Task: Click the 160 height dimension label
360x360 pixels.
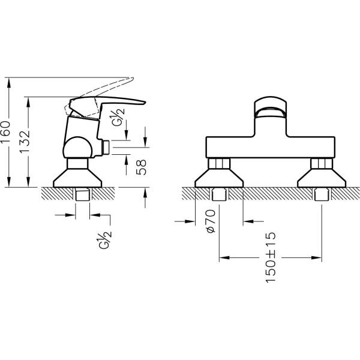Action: click(x=5, y=131)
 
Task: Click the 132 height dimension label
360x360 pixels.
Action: click(x=25, y=142)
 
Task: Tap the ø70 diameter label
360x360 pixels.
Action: click(x=211, y=221)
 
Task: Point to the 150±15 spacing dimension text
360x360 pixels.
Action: click(x=271, y=257)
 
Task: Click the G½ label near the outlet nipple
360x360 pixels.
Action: click(x=118, y=117)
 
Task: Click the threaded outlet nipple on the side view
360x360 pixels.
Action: click(x=106, y=147)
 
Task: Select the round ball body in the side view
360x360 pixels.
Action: click(x=77, y=148)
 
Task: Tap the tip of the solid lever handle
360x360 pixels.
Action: click(x=146, y=103)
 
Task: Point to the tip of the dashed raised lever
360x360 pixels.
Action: click(x=133, y=79)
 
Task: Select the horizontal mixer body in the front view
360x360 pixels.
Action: click(x=271, y=148)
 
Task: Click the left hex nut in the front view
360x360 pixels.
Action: click(x=219, y=163)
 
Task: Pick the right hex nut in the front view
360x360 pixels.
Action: click(x=322, y=163)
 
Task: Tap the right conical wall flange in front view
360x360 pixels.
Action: click(x=322, y=178)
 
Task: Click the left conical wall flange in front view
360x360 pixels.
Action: click(x=219, y=178)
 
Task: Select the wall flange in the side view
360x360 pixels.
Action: click(x=77, y=178)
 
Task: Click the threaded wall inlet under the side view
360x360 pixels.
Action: click(x=82, y=194)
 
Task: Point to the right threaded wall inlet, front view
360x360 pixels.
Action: click(x=322, y=194)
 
